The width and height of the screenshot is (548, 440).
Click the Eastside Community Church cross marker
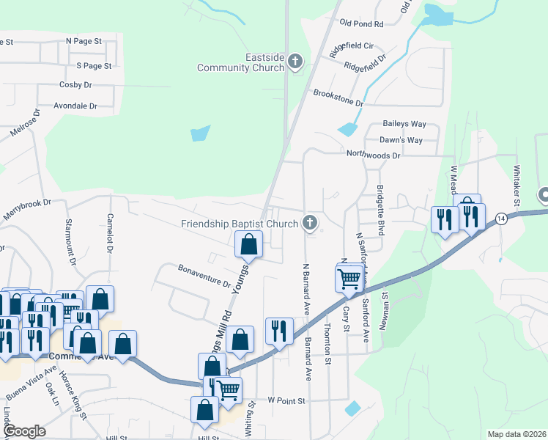pos(295,61)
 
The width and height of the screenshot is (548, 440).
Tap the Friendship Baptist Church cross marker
pos(311,222)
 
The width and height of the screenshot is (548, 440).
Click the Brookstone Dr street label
pos(338,98)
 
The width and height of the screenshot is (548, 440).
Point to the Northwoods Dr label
pos(374,155)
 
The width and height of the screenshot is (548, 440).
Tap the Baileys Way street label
pos(404,124)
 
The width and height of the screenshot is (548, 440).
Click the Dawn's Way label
pos(401,140)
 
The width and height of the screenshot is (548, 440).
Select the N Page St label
pos(84,42)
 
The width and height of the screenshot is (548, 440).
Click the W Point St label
pos(285,400)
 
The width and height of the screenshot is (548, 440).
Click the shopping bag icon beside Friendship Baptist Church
pos(248,244)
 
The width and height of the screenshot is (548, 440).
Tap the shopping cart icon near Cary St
pos(350,279)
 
